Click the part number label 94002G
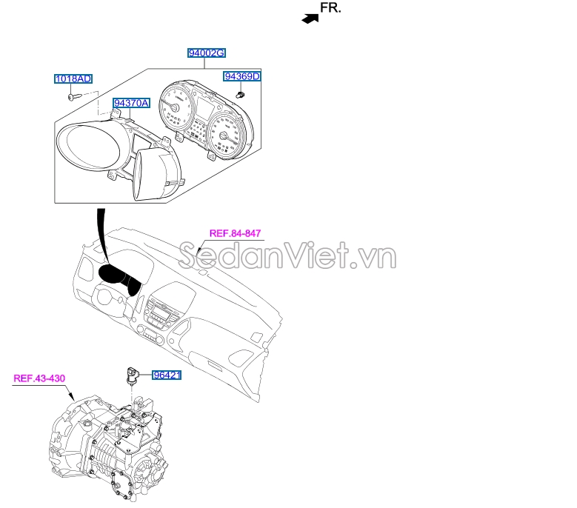207,54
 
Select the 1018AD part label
73,78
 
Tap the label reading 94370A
131,103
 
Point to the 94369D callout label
243,76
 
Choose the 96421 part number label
167,375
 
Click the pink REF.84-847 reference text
236,233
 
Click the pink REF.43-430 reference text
40,378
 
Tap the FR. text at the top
331,9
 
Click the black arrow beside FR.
310,19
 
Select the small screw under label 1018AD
73,95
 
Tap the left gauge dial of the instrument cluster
176,111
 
